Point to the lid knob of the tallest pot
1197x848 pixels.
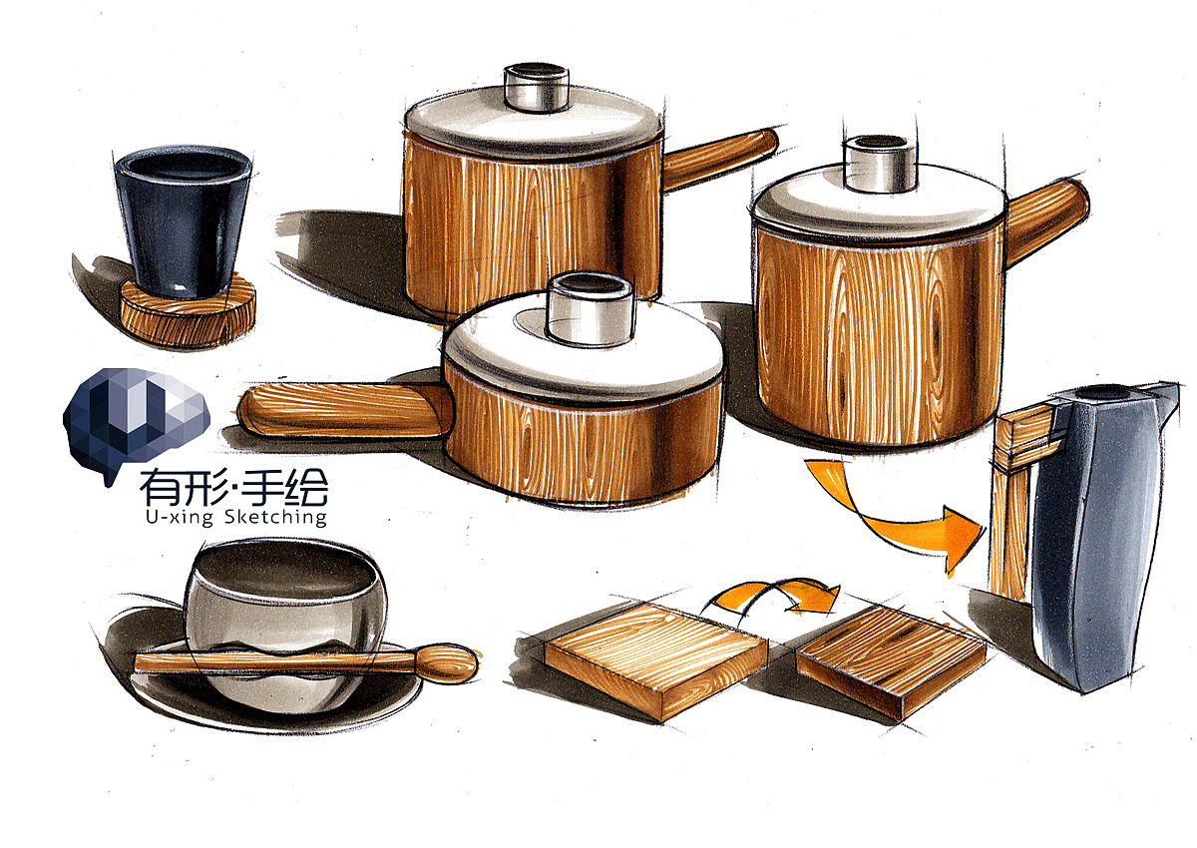(877, 165)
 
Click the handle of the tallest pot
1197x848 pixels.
(1046, 210)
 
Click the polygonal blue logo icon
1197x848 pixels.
(135, 414)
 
